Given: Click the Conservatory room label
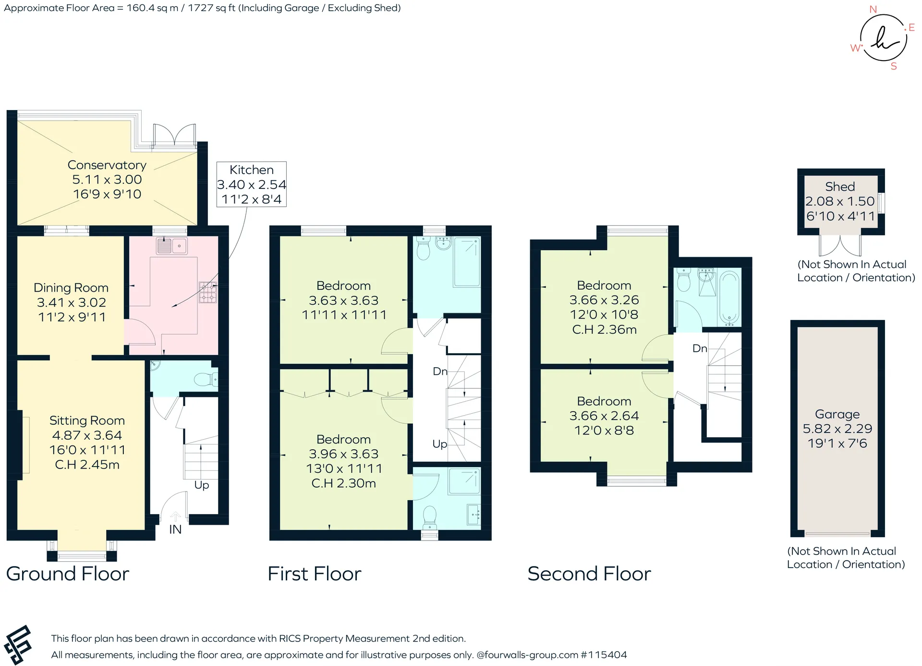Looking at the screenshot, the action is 107,165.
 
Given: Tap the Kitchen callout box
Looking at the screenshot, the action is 252,185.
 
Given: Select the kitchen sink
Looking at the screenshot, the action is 171,246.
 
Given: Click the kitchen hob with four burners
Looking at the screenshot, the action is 208,292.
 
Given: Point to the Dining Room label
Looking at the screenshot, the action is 71,288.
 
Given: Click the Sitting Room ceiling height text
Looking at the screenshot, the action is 87,465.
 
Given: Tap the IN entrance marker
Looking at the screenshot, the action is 175,530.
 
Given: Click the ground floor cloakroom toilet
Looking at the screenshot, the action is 206,380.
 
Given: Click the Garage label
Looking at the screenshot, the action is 837,414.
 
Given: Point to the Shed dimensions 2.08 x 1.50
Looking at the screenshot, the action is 840,201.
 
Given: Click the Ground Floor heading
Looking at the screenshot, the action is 68,574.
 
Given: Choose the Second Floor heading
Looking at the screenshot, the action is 589,574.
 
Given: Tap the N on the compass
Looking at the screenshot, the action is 873,9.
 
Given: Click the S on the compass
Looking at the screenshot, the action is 894,66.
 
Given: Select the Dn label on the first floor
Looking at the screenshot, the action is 440,371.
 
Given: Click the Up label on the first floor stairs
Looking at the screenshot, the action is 440,444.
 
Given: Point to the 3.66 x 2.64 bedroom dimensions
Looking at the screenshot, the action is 604,416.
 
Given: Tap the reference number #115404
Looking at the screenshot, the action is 604,655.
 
